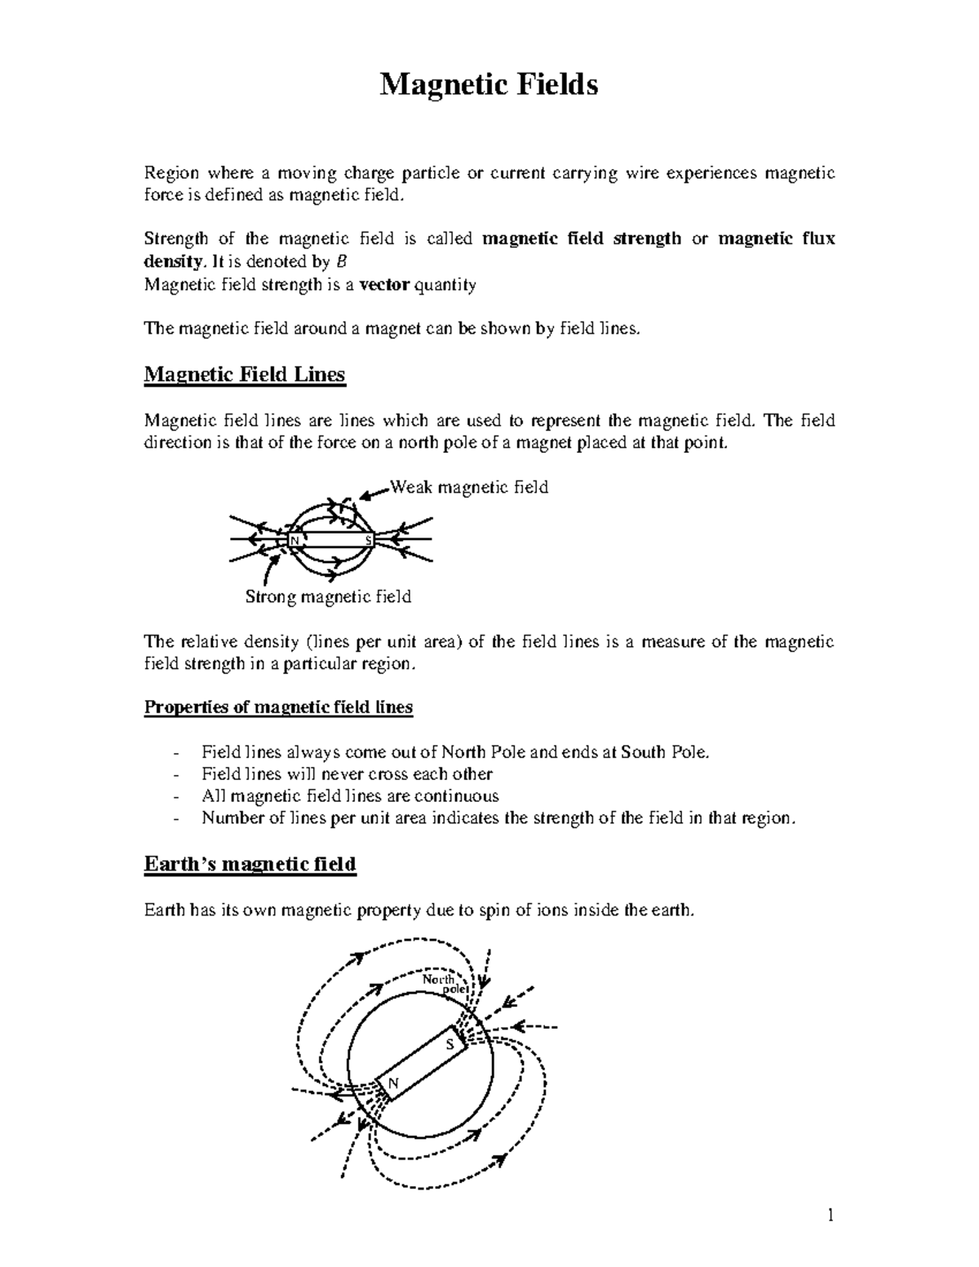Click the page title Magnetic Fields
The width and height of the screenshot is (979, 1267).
[489, 85]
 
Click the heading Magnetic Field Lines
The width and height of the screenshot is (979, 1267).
[245, 374]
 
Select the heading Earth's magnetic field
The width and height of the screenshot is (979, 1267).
[250, 864]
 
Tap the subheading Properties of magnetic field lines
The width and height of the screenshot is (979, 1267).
[278, 707]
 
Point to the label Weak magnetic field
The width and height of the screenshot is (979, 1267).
[470, 488]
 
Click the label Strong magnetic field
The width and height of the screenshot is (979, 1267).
[329, 597]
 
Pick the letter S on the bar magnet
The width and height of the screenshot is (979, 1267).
[368, 541]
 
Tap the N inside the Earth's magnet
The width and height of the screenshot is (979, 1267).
[393, 1083]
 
